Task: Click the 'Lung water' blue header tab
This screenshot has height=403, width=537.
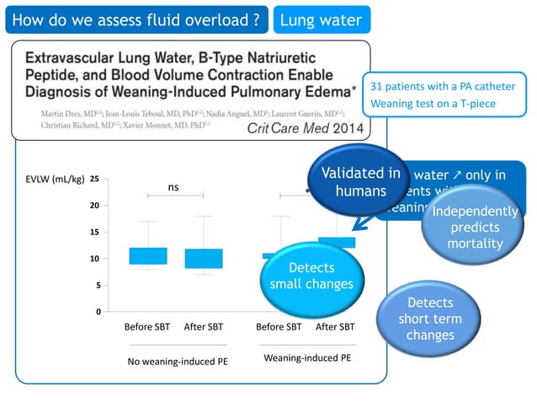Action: click(321, 20)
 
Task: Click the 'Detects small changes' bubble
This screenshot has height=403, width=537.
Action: click(310, 276)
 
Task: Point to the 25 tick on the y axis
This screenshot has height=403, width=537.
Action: click(94, 179)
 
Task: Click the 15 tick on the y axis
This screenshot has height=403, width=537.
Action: click(94, 232)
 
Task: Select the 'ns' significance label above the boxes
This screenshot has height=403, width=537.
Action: click(173, 187)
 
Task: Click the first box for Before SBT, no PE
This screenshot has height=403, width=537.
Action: click(147, 255)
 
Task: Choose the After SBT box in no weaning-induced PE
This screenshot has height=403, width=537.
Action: click(204, 258)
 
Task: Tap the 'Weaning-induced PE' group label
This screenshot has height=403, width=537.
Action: click(307, 358)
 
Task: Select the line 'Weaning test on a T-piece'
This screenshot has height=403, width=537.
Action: click(433, 104)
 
